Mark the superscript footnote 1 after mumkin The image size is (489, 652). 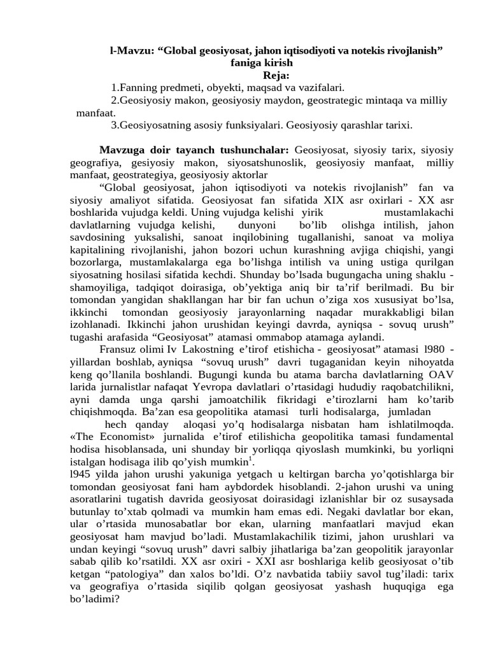point(251,458)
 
